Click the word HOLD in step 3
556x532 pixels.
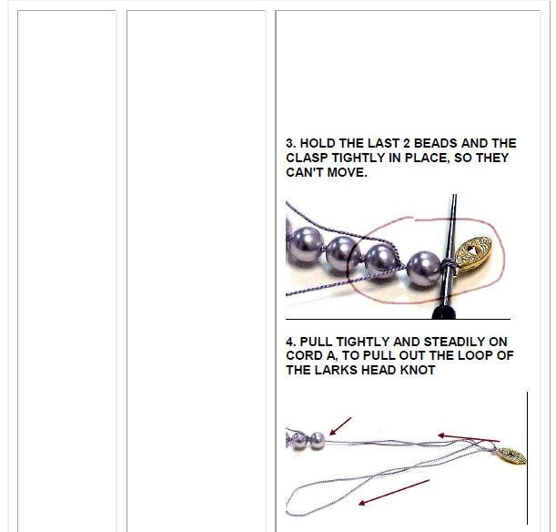tap(318, 143)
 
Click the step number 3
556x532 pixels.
tap(290, 143)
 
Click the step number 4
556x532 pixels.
tap(290, 342)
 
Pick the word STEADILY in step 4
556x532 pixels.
tap(454, 342)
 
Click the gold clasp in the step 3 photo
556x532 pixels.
tap(473, 255)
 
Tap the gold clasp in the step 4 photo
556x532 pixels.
tap(511, 455)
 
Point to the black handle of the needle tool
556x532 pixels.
tap(443, 312)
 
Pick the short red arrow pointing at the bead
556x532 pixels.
tap(340, 426)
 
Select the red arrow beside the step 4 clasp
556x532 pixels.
tap(469, 438)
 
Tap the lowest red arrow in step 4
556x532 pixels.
tap(394, 492)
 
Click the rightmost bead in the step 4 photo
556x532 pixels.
tap(318, 441)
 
